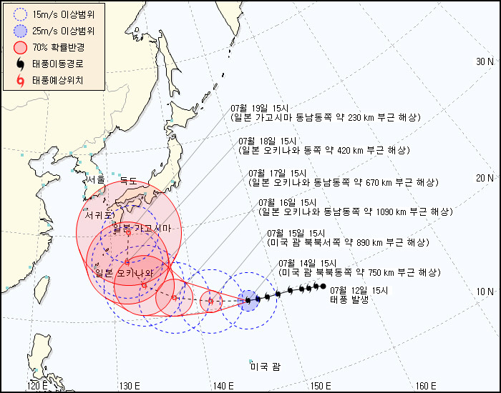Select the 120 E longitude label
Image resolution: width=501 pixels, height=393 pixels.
click(x=38, y=387)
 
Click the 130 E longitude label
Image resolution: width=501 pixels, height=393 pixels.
click(x=130, y=387)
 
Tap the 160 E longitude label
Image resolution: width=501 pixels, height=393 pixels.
click(x=425, y=387)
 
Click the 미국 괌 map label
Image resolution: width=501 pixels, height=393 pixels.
click(x=265, y=367)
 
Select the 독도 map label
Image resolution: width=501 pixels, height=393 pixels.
click(x=127, y=181)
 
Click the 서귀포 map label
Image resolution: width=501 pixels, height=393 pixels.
click(x=99, y=214)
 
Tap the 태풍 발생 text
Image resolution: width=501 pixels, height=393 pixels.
click(x=349, y=300)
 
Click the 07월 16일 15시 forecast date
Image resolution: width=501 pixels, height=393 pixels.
click(x=287, y=202)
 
